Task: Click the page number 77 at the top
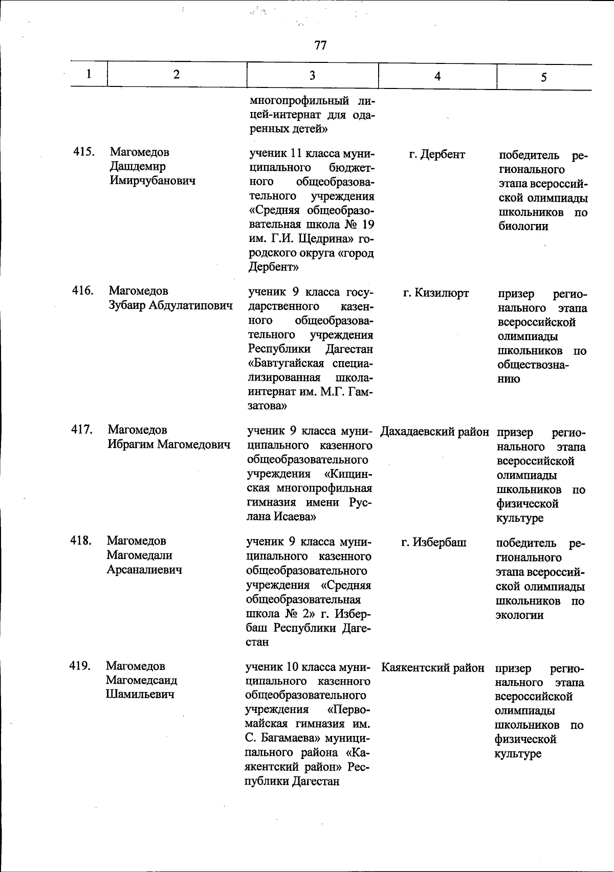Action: point(320,46)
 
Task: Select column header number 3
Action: point(312,76)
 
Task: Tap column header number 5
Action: point(543,77)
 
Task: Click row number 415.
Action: point(83,152)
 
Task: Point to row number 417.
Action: point(82,430)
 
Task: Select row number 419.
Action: point(80,666)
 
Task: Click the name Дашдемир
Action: point(138,166)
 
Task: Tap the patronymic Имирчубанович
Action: point(152,181)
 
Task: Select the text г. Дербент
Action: point(437,154)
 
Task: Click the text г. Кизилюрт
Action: point(436,293)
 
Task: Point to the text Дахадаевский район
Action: point(434,432)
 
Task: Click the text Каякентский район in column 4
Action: point(433,668)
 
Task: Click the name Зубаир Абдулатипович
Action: point(170,305)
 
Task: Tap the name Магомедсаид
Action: point(142,680)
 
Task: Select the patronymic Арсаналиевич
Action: point(144,569)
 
